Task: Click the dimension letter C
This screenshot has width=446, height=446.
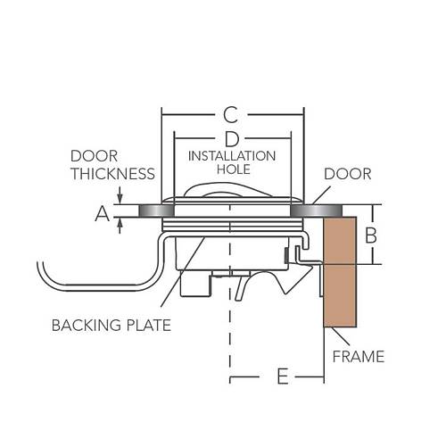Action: pyautogui.click(x=231, y=115)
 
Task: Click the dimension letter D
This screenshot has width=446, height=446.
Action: pyautogui.click(x=232, y=139)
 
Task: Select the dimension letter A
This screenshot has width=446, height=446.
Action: pyautogui.click(x=103, y=214)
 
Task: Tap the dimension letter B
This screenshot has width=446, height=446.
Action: pyautogui.click(x=371, y=235)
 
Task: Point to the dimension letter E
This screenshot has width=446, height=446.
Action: pyautogui.click(x=283, y=376)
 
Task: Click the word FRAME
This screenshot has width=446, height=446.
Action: pyautogui.click(x=359, y=357)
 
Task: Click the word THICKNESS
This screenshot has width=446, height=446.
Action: pyautogui.click(x=113, y=174)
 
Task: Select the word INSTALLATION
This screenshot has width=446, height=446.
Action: pyautogui.click(x=232, y=156)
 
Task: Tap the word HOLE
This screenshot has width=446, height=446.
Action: pyautogui.click(x=234, y=169)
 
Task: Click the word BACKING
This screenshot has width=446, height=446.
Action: pyautogui.click(x=87, y=325)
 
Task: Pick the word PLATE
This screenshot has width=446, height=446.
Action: pyautogui.click(x=149, y=325)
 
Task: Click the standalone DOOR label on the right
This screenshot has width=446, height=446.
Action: pyautogui.click(x=348, y=174)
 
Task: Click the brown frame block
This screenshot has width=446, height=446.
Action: pyautogui.click(x=340, y=272)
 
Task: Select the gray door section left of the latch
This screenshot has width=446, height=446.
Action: pyautogui.click(x=156, y=211)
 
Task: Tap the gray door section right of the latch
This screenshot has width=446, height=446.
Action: pyautogui.click(x=316, y=211)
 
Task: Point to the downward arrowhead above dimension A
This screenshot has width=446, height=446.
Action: pyautogui.click(x=120, y=199)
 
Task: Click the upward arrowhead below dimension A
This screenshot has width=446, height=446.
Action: pyautogui.click(x=120, y=223)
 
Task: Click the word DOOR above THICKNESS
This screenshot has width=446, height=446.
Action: pyautogui.click(x=95, y=156)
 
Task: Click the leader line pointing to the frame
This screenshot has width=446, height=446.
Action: pyautogui.click(x=342, y=336)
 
